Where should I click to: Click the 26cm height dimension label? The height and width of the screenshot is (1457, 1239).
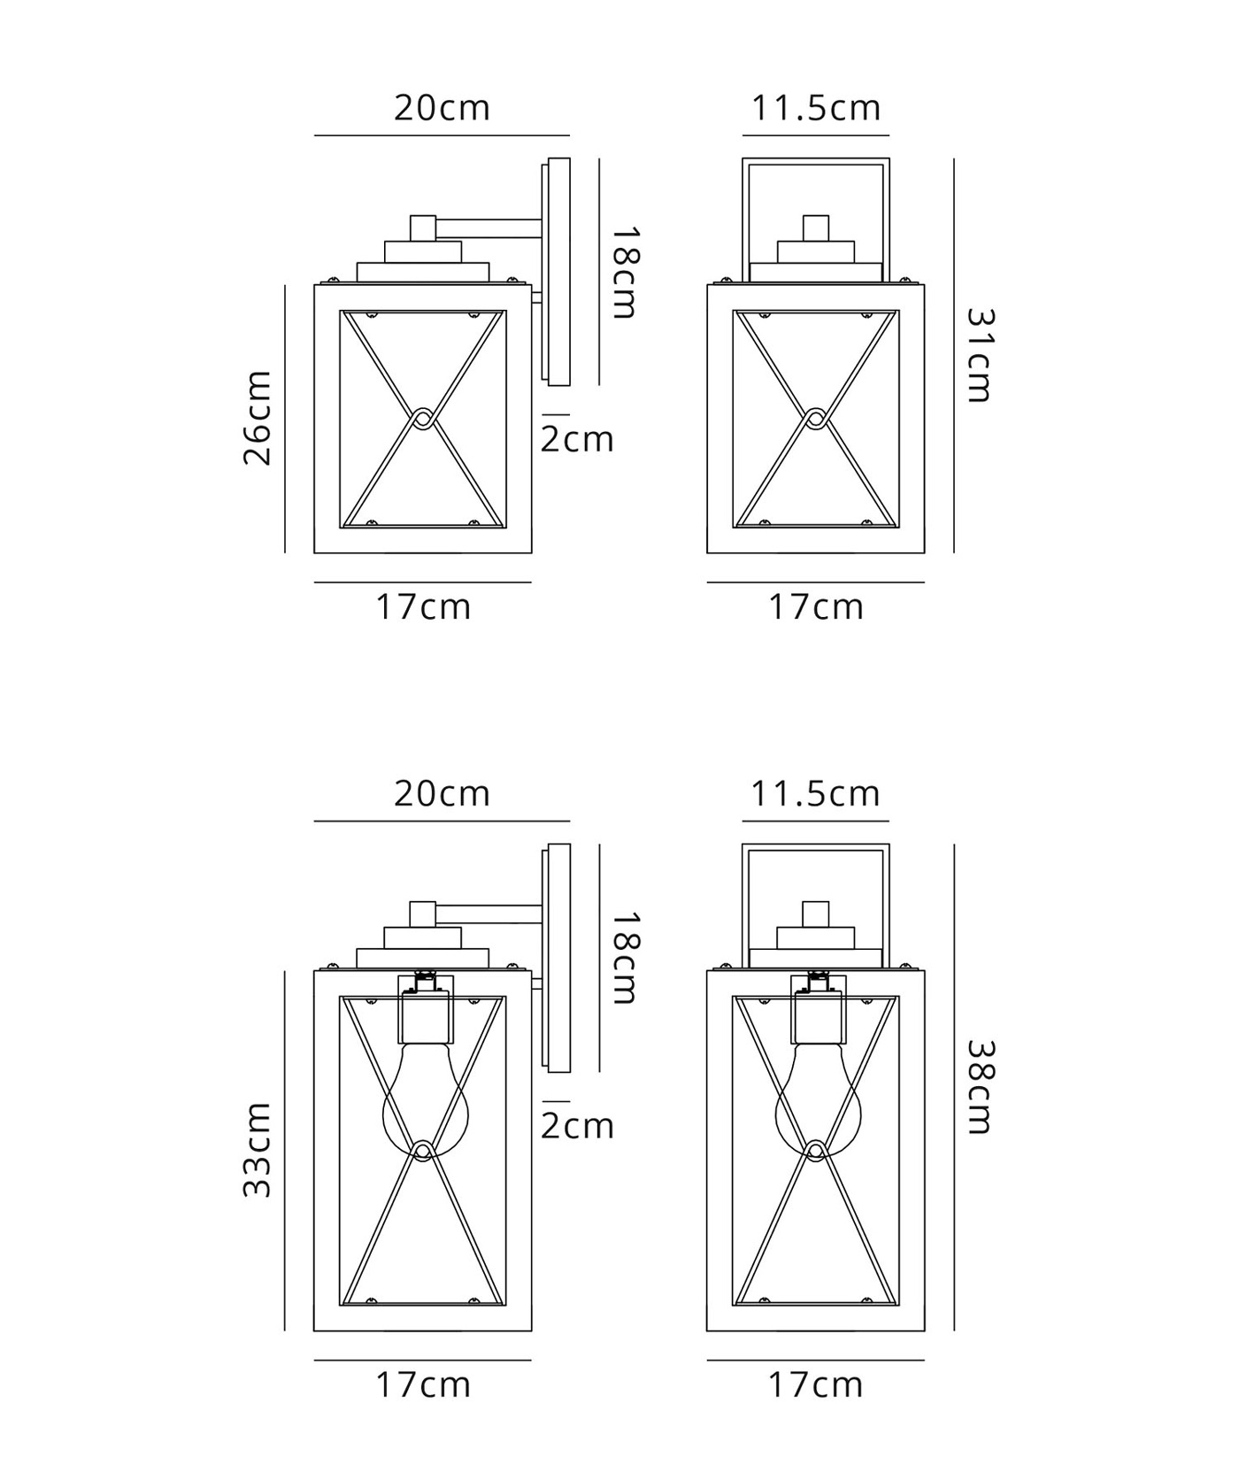(x=258, y=418)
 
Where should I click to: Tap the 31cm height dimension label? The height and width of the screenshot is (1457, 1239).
(x=978, y=355)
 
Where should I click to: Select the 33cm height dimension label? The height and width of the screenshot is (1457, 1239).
(x=258, y=1150)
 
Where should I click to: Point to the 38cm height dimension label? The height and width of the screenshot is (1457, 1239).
(x=978, y=1087)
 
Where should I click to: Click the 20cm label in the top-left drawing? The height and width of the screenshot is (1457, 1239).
(x=442, y=108)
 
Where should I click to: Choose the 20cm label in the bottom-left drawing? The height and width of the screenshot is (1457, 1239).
(x=442, y=793)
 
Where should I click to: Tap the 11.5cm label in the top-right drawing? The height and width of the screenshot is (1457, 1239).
(x=816, y=108)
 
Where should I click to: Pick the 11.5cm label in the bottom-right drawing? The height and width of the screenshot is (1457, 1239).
(x=816, y=793)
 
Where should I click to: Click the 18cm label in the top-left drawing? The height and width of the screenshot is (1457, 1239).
(x=624, y=273)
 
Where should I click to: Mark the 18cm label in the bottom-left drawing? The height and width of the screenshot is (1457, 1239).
(x=624, y=959)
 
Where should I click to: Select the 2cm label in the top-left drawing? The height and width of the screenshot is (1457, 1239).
(x=577, y=439)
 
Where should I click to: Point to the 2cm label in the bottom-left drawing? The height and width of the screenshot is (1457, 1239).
(x=577, y=1126)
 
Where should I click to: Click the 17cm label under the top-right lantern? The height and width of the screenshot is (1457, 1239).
(x=815, y=607)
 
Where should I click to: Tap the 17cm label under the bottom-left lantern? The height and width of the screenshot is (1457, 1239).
(x=423, y=1384)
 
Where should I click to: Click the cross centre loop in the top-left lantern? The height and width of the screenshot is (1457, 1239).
(x=423, y=419)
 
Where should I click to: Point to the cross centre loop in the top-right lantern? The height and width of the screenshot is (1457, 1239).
(x=816, y=419)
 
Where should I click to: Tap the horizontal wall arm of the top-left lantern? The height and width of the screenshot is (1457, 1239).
(x=489, y=228)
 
